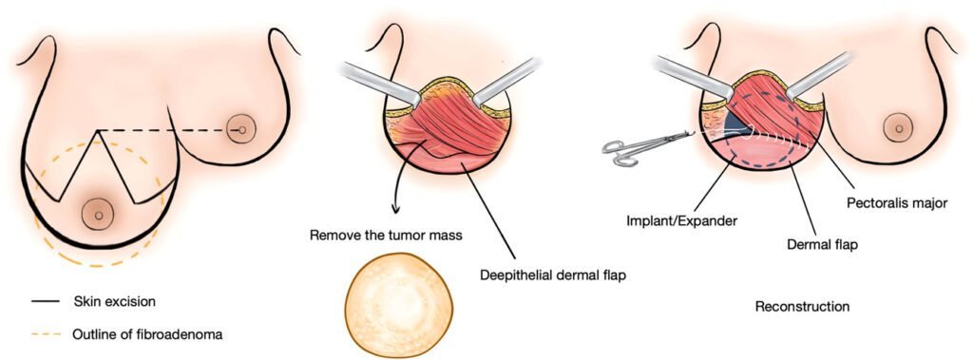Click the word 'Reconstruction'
click(802, 307)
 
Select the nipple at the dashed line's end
click(241, 130)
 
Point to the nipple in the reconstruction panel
click(898, 126)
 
